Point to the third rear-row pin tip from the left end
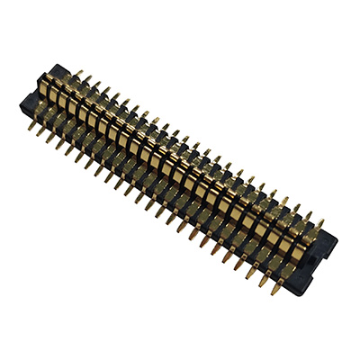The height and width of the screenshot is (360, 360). tap(86, 77)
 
